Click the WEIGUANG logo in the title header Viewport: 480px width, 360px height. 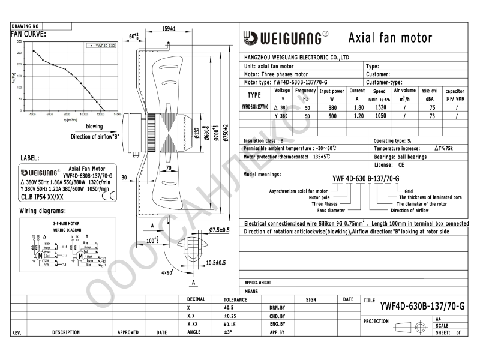coord(285,38)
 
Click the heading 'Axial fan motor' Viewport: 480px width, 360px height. coord(390,38)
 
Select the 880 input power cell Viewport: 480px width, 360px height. coord(331,106)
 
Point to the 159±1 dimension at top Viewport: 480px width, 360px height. coord(169,29)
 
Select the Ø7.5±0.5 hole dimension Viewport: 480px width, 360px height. coord(220,230)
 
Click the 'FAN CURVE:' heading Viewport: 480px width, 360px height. coord(28,34)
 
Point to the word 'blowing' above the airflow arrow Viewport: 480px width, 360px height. coord(94,127)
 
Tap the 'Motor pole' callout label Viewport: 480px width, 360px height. coord(319,197)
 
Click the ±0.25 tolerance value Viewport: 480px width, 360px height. coord(231,316)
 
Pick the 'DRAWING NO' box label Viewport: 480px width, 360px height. coord(25,27)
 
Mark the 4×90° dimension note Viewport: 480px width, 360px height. coord(167,272)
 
